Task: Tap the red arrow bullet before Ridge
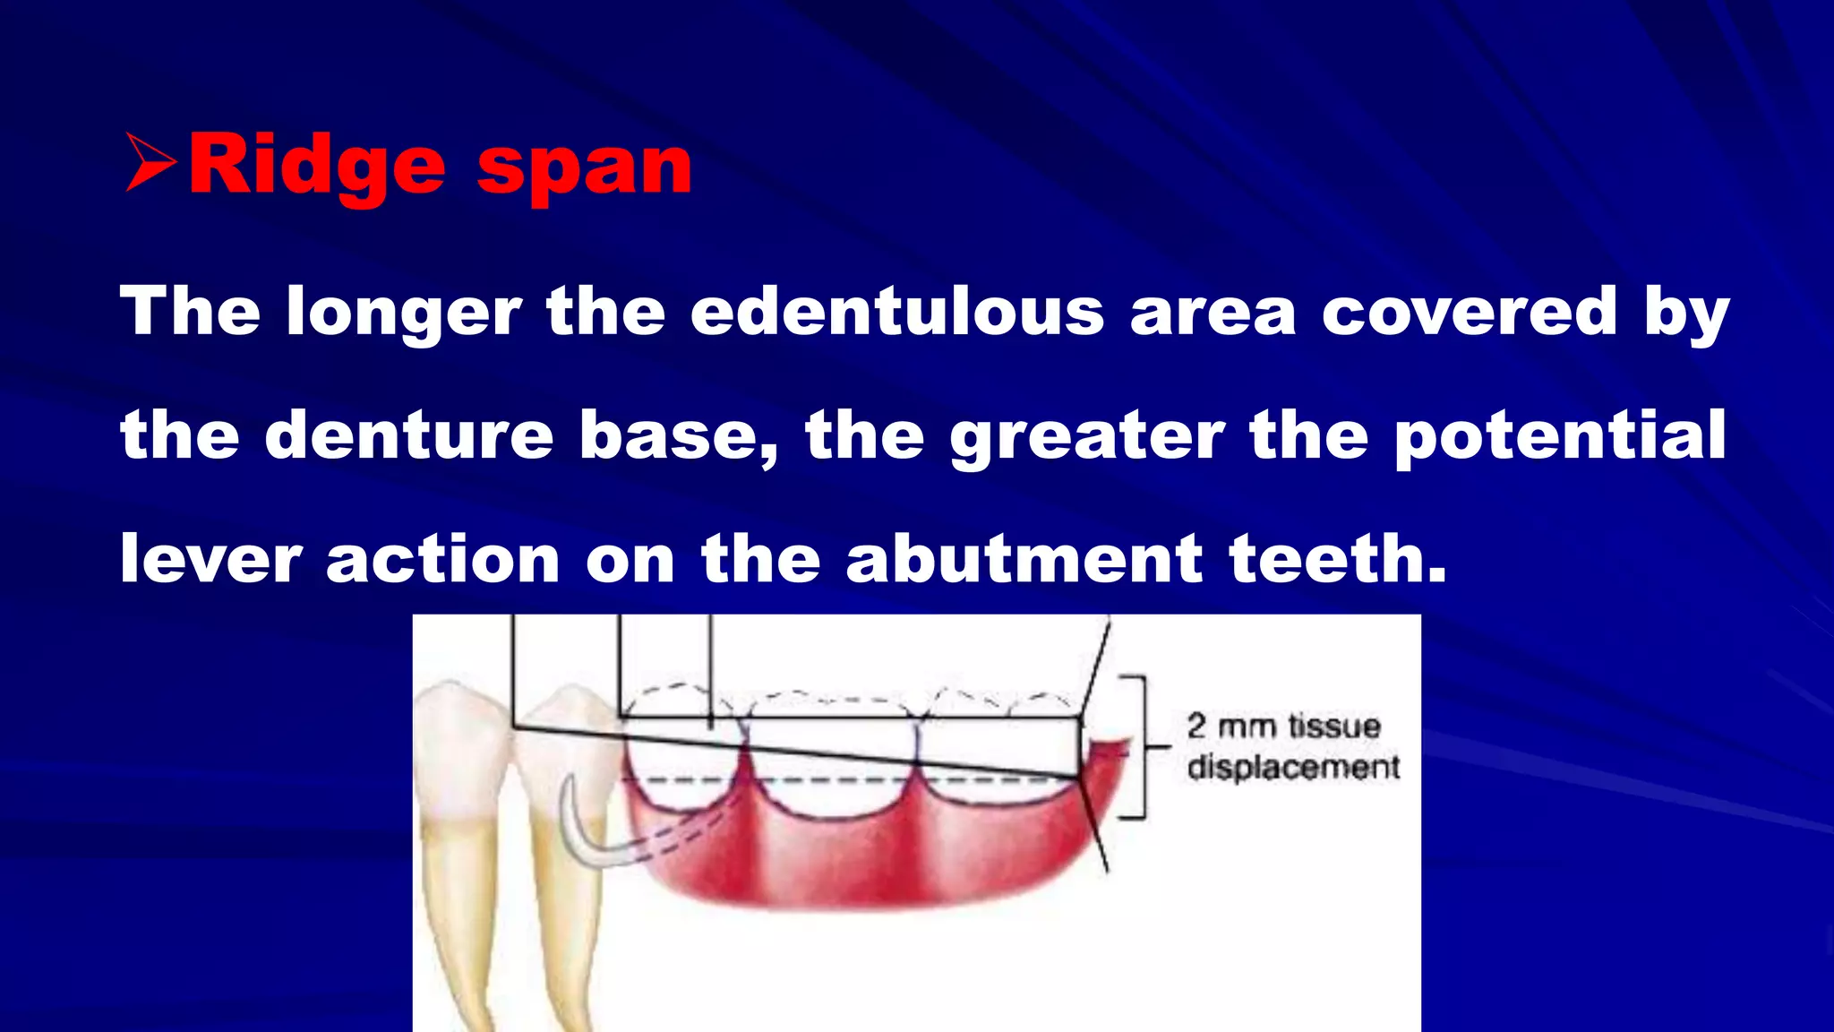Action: (x=150, y=162)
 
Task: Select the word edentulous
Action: (x=897, y=311)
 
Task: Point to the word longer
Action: (x=403, y=311)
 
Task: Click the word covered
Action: (x=1469, y=311)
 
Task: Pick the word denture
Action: (x=409, y=434)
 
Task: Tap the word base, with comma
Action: (x=678, y=434)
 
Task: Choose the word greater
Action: (x=1086, y=434)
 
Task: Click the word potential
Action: (x=1559, y=434)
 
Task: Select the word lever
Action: (x=210, y=558)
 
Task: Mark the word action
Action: (x=442, y=558)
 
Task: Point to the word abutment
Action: (x=1024, y=558)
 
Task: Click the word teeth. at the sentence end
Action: (x=1338, y=558)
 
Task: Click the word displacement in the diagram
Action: (x=1293, y=768)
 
